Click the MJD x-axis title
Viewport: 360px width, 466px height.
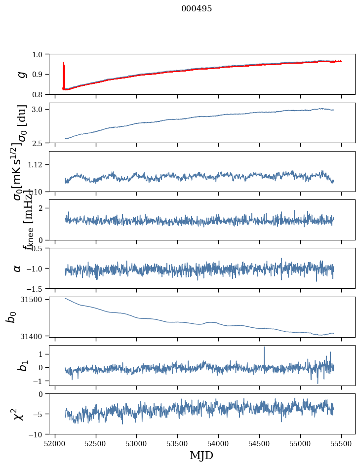coord(201,455)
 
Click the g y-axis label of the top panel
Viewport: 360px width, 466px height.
coord(21,74)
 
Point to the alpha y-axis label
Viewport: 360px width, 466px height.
coord(17,268)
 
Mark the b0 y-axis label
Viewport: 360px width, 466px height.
coord(11,316)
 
